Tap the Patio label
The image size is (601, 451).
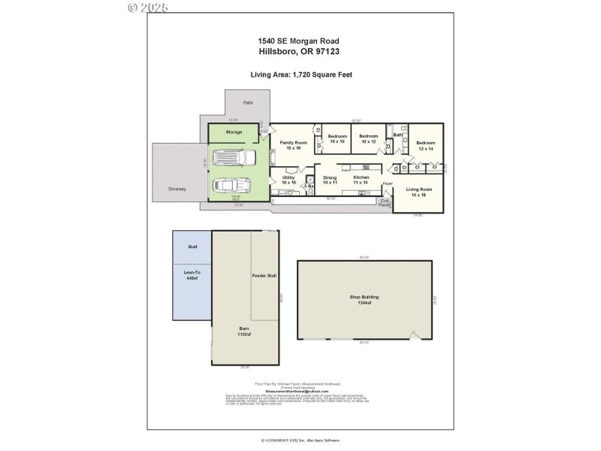[x=248, y=102]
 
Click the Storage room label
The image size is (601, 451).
[x=234, y=132]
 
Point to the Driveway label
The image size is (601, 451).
[x=177, y=189]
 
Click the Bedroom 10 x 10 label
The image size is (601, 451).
[x=337, y=138]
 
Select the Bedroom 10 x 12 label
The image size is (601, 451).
[x=369, y=138]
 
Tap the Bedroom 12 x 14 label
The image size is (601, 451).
[x=426, y=145]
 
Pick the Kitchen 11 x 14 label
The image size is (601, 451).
[x=361, y=180]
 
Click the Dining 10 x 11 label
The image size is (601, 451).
[x=330, y=180]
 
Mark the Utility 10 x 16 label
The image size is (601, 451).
[x=289, y=180]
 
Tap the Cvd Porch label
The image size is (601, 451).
[x=385, y=203]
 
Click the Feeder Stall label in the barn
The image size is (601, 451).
[x=264, y=276]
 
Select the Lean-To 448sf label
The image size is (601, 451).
[x=192, y=275]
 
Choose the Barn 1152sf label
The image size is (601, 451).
[x=243, y=331]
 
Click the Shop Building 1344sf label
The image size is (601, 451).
[x=364, y=299]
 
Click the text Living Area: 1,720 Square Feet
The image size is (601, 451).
[x=301, y=74]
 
